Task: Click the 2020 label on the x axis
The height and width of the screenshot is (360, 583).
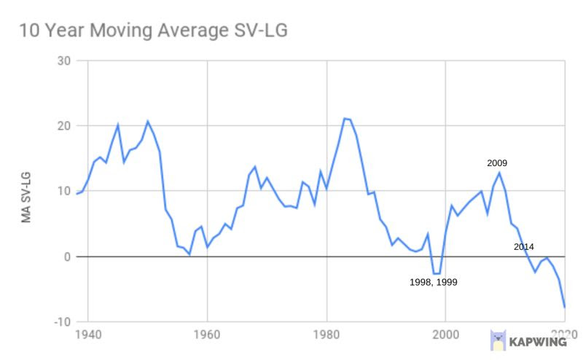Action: point(564,336)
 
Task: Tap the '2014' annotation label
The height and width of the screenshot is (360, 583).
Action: point(523,247)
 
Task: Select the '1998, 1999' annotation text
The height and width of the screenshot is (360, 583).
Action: point(433,282)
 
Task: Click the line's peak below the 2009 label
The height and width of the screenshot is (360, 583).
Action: point(499,172)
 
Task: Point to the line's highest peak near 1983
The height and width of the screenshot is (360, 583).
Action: point(344,118)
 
